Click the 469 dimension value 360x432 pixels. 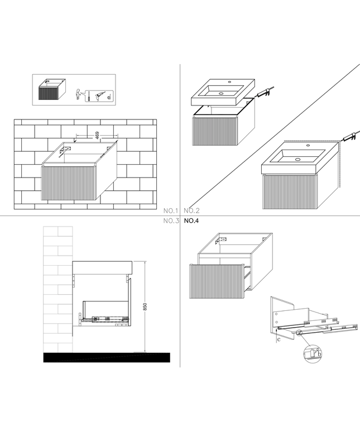pos(97,135)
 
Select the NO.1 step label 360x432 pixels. pos(170,211)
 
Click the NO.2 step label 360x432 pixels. pos(191,211)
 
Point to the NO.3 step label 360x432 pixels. pos(170,221)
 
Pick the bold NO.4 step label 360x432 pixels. pos(191,221)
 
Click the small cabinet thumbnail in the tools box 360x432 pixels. pos(50,90)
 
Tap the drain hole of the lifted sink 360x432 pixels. pos(220,94)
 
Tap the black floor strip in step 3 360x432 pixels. pos(105,357)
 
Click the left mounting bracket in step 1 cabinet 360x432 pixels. pos(66,151)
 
